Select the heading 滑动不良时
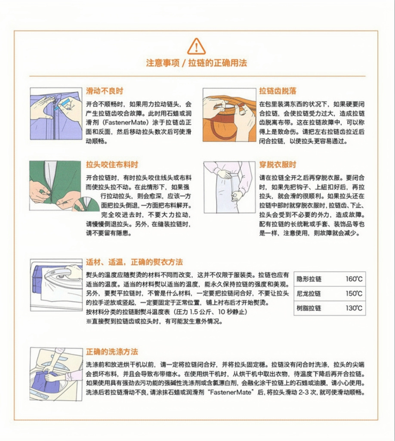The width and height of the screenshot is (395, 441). (x=104, y=91)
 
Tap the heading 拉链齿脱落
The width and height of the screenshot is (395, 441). (x=278, y=91)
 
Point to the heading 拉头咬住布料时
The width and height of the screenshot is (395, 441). (x=112, y=165)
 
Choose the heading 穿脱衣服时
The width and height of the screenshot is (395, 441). (x=278, y=165)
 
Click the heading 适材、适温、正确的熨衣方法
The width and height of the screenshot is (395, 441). (x=134, y=262)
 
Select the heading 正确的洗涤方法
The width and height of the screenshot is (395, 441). (x=112, y=352)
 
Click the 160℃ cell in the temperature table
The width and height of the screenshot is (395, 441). (x=354, y=279)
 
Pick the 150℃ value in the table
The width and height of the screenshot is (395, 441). (x=354, y=294)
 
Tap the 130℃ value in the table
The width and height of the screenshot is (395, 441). (x=354, y=308)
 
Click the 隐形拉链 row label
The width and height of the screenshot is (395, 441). (x=309, y=279)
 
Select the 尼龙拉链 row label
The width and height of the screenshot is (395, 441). (x=309, y=294)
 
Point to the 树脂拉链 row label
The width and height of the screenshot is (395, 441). (x=309, y=308)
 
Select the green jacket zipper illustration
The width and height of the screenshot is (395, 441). (x=56, y=186)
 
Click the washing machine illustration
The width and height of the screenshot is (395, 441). (x=56, y=374)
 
